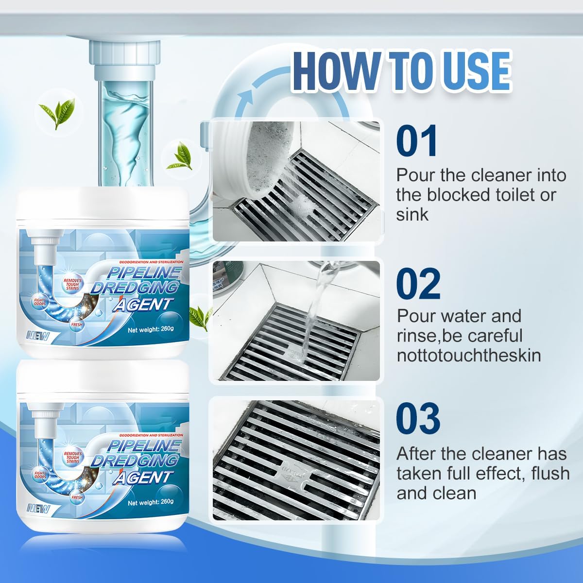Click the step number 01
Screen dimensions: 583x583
click(417, 141)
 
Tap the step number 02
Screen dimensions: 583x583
click(418, 284)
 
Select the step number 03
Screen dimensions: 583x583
click(418, 418)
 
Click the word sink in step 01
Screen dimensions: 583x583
click(412, 214)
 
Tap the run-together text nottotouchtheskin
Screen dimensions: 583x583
click(468, 355)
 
